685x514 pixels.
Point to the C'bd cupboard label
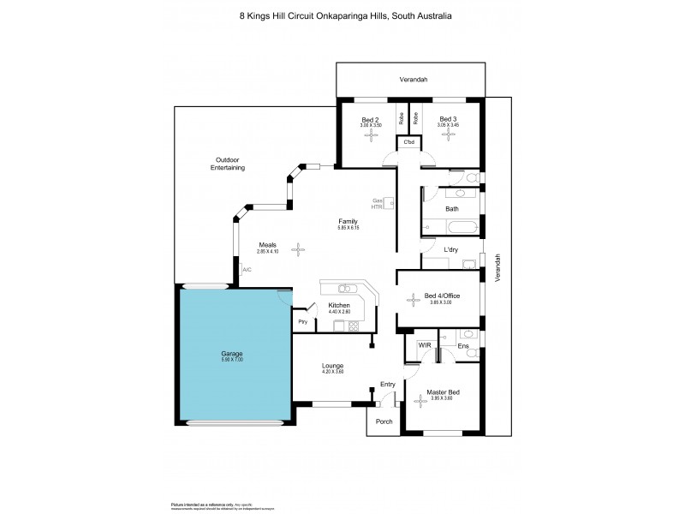[x=408, y=141]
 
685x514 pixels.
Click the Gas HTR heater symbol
[x=390, y=203]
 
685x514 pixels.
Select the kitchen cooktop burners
[x=353, y=325]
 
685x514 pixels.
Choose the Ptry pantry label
[x=302, y=321]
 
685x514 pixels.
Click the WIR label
[x=424, y=345]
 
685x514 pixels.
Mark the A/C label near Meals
[x=247, y=270]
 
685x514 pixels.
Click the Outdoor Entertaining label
[x=228, y=164]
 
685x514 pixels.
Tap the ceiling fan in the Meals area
[x=299, y=249]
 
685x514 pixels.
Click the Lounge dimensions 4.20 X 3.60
[x=331, y=371]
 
